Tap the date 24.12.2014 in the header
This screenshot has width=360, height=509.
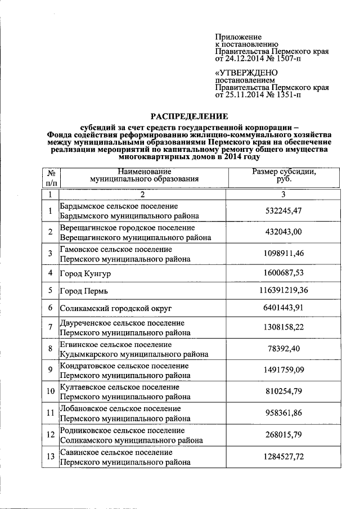(x=245, y=58)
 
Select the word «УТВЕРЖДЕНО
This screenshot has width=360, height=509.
(x=247, y=73)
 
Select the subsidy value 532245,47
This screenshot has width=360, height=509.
(x=284, y=211)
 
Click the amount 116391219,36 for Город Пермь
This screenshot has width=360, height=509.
(x=284, y=290)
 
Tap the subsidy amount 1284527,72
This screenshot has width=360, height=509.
(x=284, y=456)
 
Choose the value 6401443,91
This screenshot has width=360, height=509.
(x=284, y=308)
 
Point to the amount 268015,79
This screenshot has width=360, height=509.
(x=284, y=435)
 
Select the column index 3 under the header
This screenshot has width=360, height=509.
(x=284, y=194)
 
